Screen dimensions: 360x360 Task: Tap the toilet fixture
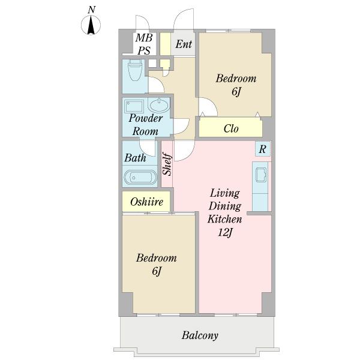coord(134,70)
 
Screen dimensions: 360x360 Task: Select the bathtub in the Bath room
coord(140,177)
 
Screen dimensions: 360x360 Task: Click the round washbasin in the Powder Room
coord(160,106)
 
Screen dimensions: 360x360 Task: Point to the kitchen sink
coord(261,175)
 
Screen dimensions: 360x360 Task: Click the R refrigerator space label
coord(262,149)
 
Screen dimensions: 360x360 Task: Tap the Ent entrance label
coord(184,44)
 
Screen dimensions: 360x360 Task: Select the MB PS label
coord(144,44)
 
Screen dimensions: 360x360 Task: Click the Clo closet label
coord(231,128)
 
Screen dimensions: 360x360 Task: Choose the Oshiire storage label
coord(147,202)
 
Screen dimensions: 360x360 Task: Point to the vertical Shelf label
coord(167,164)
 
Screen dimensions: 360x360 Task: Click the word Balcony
coord(200,335)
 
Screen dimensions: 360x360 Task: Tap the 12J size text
coord(225,233)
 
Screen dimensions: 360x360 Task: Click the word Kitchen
coord(225,219)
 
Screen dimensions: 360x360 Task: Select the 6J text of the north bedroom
coord(236,92)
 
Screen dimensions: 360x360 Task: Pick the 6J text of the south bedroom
coord(157,271)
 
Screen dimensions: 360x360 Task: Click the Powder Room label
coord(146,125)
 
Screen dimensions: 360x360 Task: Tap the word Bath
coord(135,158)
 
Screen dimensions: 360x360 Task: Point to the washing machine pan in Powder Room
coord(134,106)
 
